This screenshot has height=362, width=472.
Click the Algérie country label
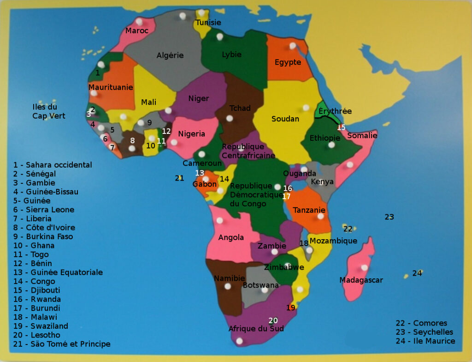pyautogui.click(x=170, y=55)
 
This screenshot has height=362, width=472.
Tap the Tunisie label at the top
pyautogui.click(x=208, y=23)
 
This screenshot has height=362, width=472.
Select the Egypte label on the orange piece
pyautogui.click(x=288, y=62)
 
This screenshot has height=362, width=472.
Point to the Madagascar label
pyautogui.click(x=361, y=280)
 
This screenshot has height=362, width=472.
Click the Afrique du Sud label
pyautogui.click(x=256, y=329)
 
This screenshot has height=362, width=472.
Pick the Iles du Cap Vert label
pyautogui.click(x=48, y=111)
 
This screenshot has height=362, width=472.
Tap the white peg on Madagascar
pyautogui.click(x=364, y=267)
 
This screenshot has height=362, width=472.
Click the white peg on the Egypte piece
pyautogui.click(x=292, y=46)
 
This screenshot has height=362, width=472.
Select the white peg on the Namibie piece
pyautogui.click(x=227, y=286)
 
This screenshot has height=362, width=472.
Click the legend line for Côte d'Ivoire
pyautogui.click(x=44, y=228)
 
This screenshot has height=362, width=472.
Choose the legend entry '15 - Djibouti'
pyautogui.click(x=37, y=290)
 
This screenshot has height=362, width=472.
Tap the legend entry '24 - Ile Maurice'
pyautogui.click(x=425, y=341)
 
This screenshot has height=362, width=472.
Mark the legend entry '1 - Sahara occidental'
pyautogui.click(x=53, y=165)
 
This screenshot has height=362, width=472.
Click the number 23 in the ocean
pyautogui.click(x=389, y=217)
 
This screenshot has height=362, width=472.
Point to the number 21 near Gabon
pyautogui.click(x=179, y=178)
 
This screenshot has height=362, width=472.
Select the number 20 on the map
pyautogui.click(x=273, y=320)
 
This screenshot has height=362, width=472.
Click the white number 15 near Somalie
pyautogui.click(x=341, y=127)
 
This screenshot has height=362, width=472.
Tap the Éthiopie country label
pyautogui.click(x=324, y=138)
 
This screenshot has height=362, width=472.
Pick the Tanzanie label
pyautogui.click(x=309, y=210)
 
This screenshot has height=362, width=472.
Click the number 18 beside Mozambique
pyautogui.click(x=304, y=243)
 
